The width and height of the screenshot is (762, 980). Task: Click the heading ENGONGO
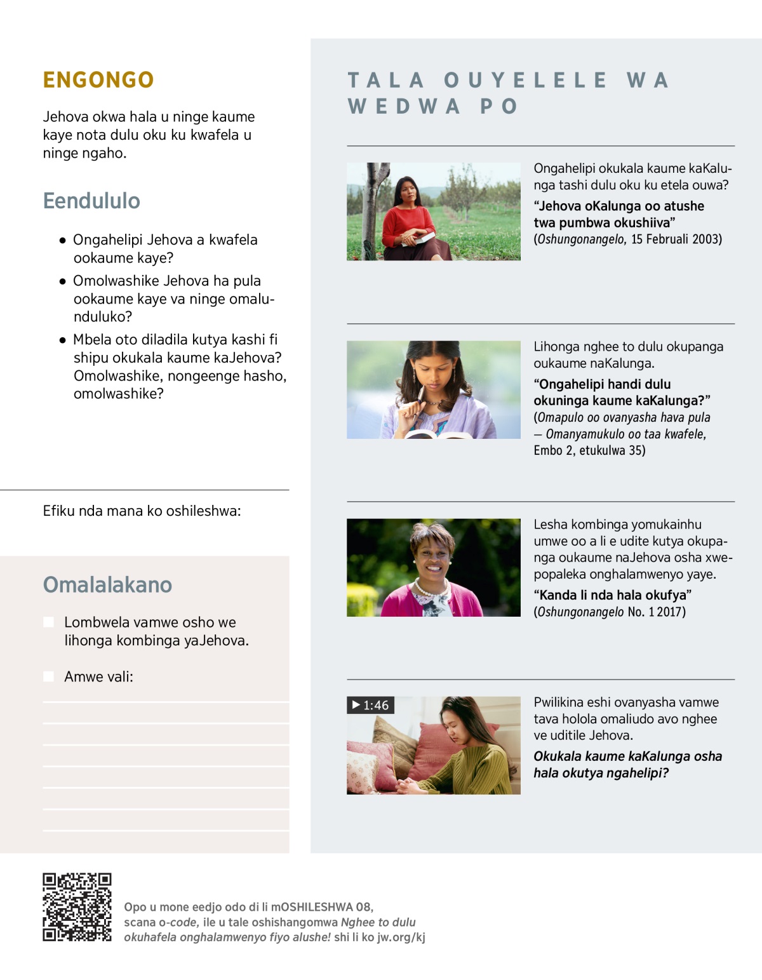(x=98, y=80)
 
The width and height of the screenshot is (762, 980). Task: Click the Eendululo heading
(x=91, y=201)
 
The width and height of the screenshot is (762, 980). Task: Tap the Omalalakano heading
(x=107, y=584)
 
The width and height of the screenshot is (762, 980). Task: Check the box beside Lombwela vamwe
(x=49, y=622)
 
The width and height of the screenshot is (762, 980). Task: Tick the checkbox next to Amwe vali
(x=49, y=676)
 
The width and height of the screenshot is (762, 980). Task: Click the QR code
(x=77, y=907)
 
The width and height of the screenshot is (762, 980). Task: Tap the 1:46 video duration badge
(x=371, y=705)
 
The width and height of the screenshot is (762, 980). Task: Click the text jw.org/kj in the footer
(x=401, y=937)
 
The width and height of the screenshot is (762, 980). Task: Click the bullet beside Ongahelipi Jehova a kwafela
(x=63, y=240)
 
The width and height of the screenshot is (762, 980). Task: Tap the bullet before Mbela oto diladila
(x=63, y=340)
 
